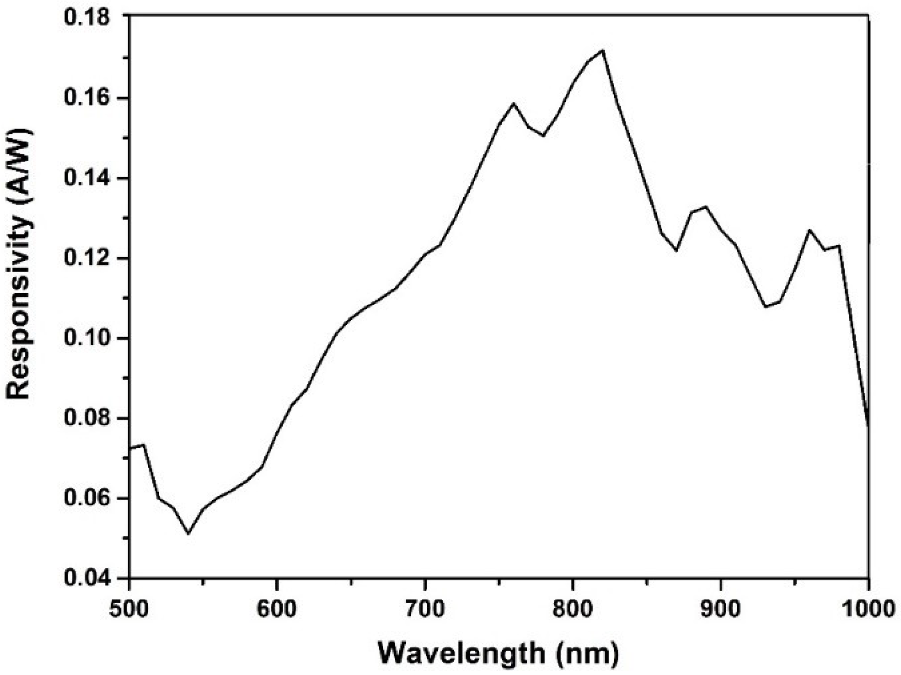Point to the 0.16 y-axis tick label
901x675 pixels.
click(x=86, y=99)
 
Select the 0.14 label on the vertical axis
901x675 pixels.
click(x=86, y=179)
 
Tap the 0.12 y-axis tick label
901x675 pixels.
click(x=86, y=259)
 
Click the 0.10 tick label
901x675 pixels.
click(x=86, y=339)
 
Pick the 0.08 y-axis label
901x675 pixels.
click(x=86, y=419)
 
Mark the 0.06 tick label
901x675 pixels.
click(x=86, y=499)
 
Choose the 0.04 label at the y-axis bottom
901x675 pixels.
click(x=86, y=578)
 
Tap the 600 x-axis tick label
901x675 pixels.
click(x=277, y=610)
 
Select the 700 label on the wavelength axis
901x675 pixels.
click(x=425, y=610)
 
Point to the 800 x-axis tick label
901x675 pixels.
click(x=573, y=610)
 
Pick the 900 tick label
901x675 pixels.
click(x=720, y=610)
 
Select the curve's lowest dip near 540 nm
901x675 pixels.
click(x=188, y=533)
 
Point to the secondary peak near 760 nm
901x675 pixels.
click(x=513, y=103)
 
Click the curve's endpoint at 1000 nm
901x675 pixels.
click(x=869, y=426)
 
